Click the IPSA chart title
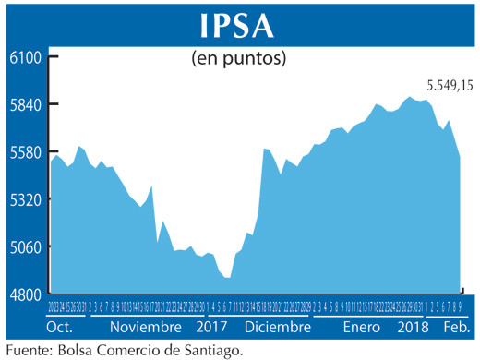click(240, 22)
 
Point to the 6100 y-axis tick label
click(27, 57)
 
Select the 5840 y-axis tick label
click(27, 105)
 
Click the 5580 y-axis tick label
click(27, 152)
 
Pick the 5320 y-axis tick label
click(27, 199)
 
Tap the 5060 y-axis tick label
click(27, 246)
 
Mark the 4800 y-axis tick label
click(27, 294)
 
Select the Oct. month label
click(59, 328)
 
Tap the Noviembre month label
click(145, 328)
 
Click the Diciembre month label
click(278, 328)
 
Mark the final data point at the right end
click(460, 158)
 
